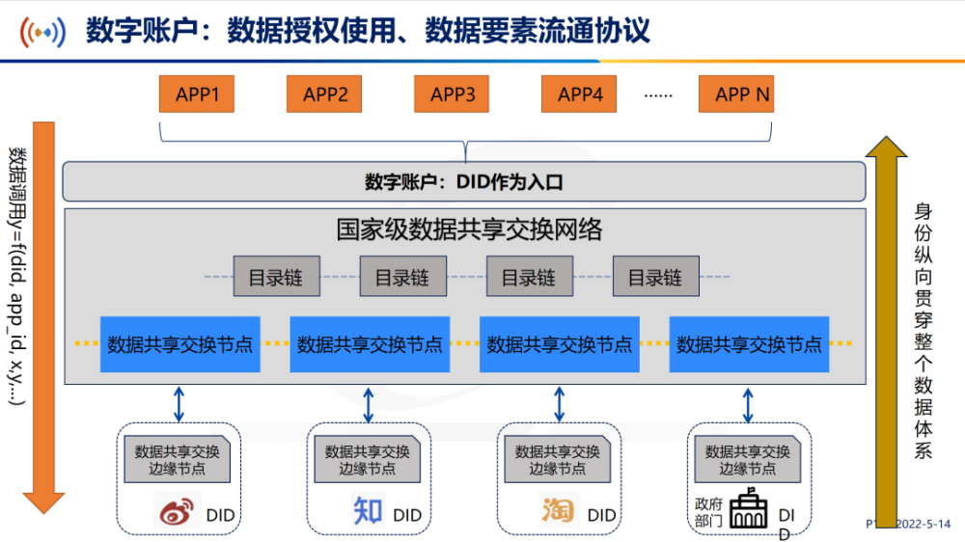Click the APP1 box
coord(198,95)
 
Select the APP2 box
coord(325,95)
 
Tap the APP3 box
coord(453,95)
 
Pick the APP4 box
coord(580,95)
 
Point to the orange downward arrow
coord(43,318)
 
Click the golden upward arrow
coord(887,318)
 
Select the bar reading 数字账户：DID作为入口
coord(464,181)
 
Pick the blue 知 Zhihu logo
coord(369,510)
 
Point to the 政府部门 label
coord(708,511)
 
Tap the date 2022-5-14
coord(923,524)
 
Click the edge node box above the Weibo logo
coord(178,459)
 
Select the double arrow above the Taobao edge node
coord(559,404)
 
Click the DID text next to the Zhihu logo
coord(407,516)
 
